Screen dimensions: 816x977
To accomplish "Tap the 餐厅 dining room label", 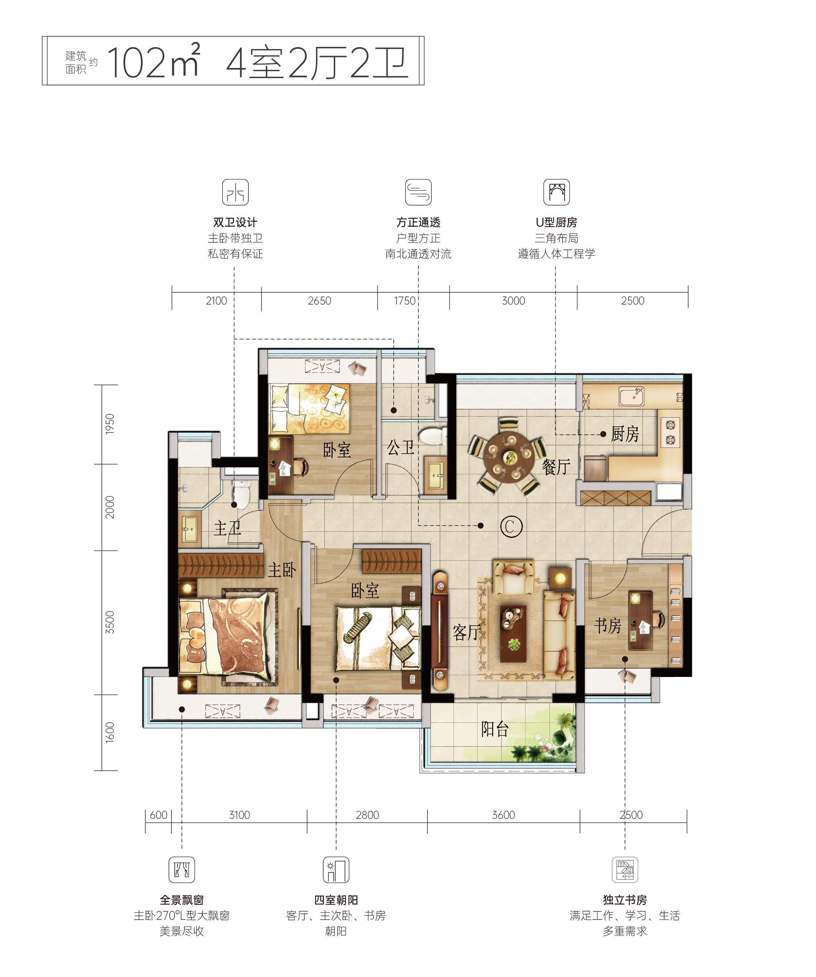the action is click(556, 467).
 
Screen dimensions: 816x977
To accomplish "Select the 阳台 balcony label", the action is click(495, 729).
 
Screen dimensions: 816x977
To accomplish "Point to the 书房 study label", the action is click(608, 626).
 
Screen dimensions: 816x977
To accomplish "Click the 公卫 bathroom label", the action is click(401, 447).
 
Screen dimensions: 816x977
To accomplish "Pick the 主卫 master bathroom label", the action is click(227, 528).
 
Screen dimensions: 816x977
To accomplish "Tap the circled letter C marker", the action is click(511, 527).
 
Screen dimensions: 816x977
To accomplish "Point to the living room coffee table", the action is click(513, 633).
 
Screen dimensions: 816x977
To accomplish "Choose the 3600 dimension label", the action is click(503, 815).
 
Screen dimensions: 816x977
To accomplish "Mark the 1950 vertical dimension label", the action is click(109, 424).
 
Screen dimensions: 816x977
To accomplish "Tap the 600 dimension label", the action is click(159, 815).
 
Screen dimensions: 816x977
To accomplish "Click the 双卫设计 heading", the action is click(235, 222).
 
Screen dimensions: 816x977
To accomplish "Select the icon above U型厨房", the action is click(556, 192).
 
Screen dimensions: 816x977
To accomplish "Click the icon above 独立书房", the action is click(625, 869).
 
